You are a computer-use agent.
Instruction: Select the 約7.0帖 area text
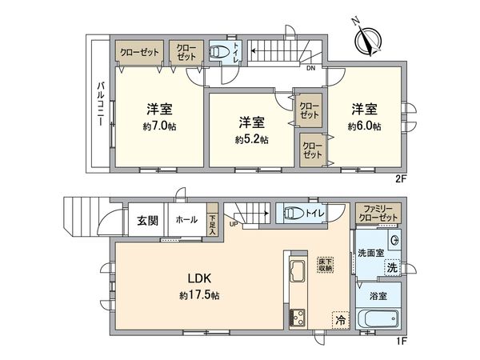(161, 126)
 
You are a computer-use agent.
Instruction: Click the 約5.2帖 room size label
(251, 139)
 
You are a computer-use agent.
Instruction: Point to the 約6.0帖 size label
(364, 126)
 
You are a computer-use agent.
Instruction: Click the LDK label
(200, 278)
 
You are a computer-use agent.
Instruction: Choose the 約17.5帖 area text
(200, 294)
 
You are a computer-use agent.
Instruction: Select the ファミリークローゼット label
(376, 213)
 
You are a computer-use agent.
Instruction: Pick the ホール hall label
(186, 219)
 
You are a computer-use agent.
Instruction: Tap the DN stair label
(310, 69)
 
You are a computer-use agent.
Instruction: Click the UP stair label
(232, 224)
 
